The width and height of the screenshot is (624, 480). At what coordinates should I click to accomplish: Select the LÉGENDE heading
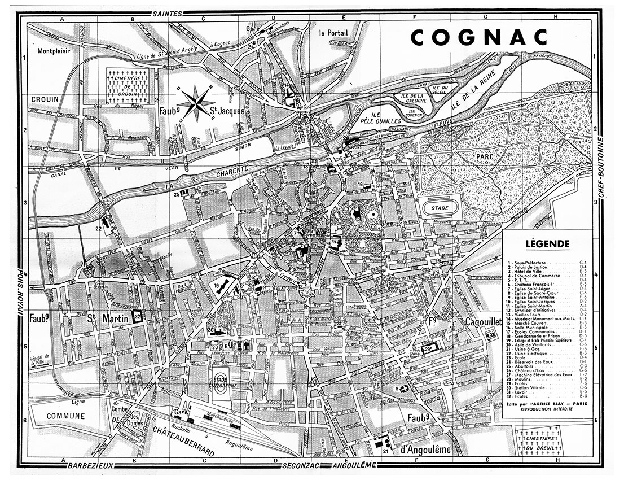(547, 244)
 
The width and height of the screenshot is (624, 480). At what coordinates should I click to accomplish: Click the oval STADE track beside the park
(440, 208)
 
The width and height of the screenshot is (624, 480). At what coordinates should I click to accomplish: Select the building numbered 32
(137, 317)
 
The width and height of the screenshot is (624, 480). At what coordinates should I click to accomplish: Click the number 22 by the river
(99, 228)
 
